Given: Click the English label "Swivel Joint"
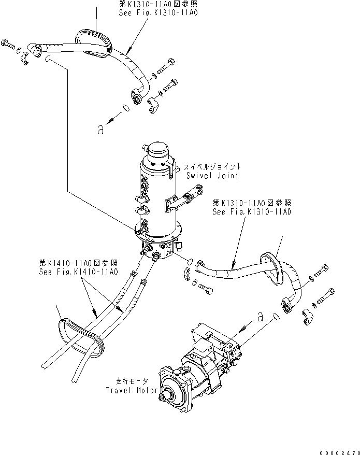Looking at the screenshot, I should click(213, 176).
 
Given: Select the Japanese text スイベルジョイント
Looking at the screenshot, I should click(211, 167).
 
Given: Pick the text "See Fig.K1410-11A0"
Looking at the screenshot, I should click(78, 272).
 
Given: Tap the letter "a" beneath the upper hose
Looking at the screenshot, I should click(100, 130).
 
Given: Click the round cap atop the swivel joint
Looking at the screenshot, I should click(158, 150).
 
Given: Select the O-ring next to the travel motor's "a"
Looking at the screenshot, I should click(275, 316).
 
